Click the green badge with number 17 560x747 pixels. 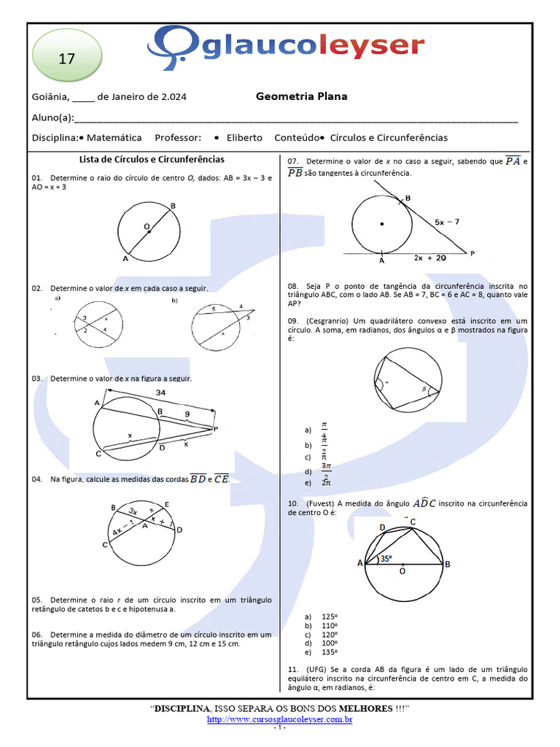66,59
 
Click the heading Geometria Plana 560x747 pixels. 301,96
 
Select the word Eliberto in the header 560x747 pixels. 244,138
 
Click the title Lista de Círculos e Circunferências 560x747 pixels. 151,159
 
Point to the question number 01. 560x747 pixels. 38,178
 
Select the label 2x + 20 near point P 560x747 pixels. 430,258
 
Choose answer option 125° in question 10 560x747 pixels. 332,616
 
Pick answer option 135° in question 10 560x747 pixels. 332,652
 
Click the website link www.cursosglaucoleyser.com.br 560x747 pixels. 280,719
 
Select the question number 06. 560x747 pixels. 38,635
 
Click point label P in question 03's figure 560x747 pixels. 216,428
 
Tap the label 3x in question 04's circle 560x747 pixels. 133,512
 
